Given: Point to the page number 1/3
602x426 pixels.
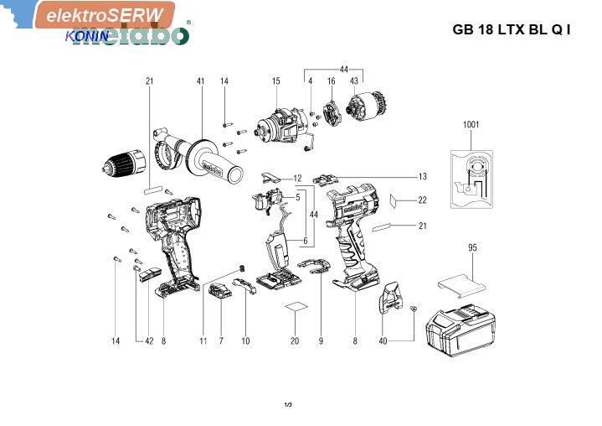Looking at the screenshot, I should (x=288, y=405).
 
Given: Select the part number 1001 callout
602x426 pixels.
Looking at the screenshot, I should (x=471, y=125).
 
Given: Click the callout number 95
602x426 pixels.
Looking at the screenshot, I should (x=472, y=247).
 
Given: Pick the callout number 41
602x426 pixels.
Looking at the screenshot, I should (x=200, y=81).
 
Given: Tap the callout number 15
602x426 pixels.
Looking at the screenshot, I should (x=275, y=81).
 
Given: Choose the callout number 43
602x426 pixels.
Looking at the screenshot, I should (x=354, y=81).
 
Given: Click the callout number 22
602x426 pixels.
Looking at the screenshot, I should (x=422, y=200).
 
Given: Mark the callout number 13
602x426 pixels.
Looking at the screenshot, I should (x=423, y=177).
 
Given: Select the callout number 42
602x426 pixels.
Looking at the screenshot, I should (x=150, y=341).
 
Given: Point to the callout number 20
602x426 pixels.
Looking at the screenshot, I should (x=295, y=341).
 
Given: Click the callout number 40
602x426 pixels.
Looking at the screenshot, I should (x=383, y=341).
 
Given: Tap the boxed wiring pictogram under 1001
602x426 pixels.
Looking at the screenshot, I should (x=472, y=178).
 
